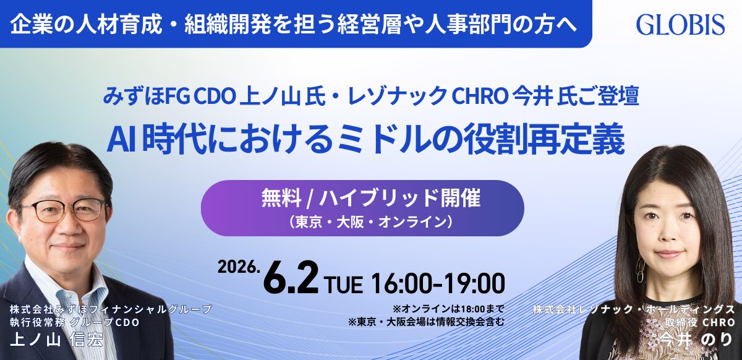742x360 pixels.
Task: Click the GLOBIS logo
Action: [x=680, y=24]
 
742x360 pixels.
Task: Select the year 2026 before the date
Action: [x=237, y=267]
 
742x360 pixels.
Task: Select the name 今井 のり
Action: [x=699, y=338]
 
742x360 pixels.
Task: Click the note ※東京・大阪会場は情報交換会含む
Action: [x=427, y=321]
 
